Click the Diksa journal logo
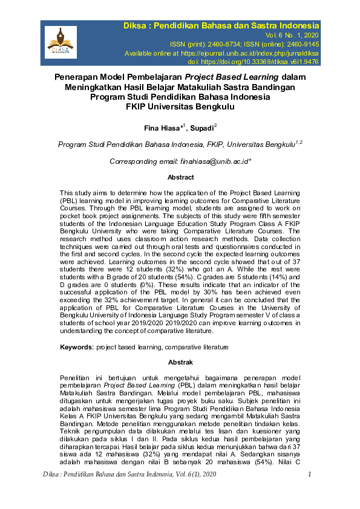tap(61, 41)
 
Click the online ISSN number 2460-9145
tap(298, 44)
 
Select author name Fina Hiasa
tap(163, 129)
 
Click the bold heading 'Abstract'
tap(180, 177)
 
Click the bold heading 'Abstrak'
tap(180, 362)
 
